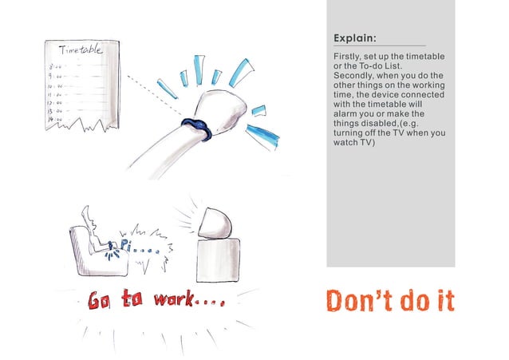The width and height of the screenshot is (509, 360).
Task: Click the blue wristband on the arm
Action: coord(195,127)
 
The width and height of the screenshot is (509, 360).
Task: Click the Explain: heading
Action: coord(355,38)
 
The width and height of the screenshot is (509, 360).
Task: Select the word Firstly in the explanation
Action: coord(345,57)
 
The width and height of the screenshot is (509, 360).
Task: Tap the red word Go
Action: coord(98,300)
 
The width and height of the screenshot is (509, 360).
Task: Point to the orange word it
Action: coord(444,300)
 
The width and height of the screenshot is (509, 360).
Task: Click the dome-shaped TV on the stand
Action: coord(215,223)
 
